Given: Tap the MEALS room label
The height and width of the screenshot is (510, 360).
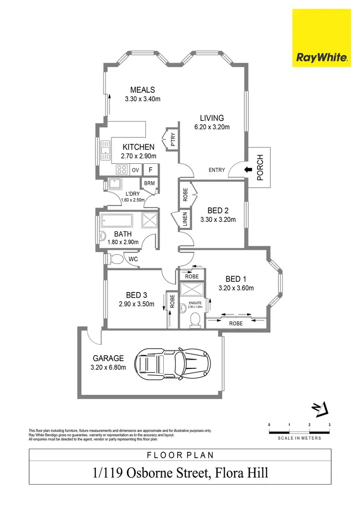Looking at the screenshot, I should pos(143,90).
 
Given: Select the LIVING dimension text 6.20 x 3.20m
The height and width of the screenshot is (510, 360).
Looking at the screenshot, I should pos(212,127).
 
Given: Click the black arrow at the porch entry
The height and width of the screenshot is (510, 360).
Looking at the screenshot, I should pos(248,169).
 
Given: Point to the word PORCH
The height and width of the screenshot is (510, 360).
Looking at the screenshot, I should pos(260,167).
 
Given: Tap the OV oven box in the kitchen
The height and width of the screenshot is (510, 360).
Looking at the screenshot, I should pos(135,170).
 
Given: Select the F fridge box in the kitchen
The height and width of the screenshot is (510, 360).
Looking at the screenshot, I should pos(150,170).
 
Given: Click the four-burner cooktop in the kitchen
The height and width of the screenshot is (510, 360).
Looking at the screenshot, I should pos(121,170).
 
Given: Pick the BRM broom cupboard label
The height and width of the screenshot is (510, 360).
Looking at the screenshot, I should pos(149,183).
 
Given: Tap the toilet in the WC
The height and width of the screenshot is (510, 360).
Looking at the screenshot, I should pos(116,259).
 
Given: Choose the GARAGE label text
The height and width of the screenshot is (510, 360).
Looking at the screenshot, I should pos(108,358).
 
